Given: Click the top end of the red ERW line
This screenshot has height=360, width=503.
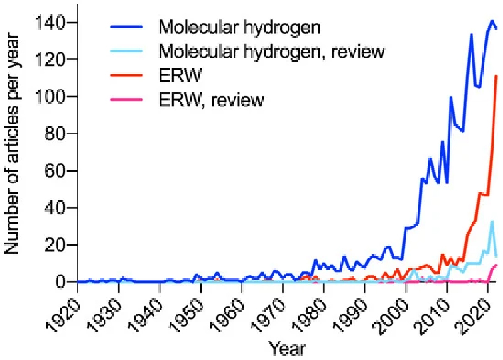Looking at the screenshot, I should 497,76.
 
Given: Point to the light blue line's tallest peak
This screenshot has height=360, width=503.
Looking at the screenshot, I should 492,221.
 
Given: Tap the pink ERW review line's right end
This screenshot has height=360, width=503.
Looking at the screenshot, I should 497,265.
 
